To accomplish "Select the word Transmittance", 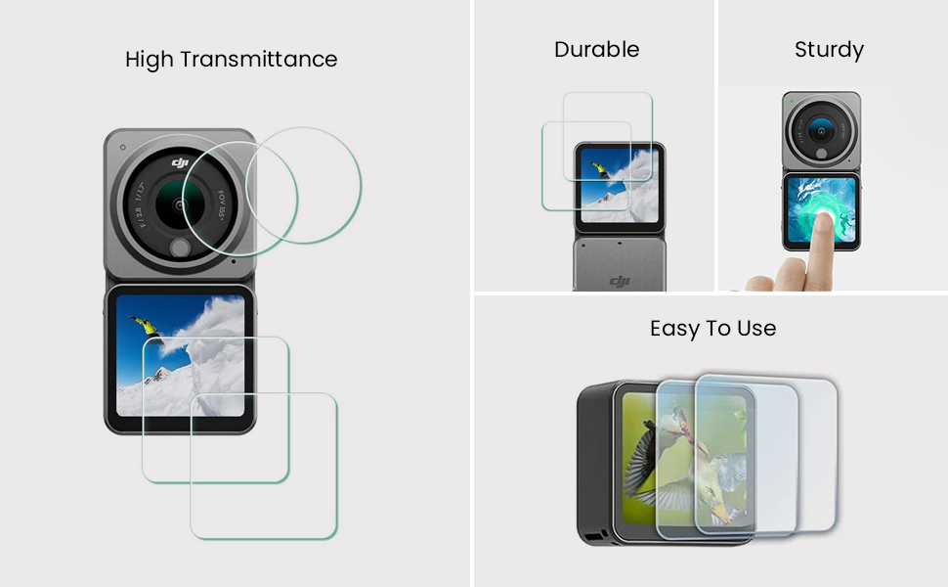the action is pyautogui.click(x=259, y=60).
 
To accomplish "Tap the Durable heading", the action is pyautogui.click(x=597, y=50).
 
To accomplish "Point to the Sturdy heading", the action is pyautogui.click(x=829, y=50).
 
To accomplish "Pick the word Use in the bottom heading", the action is pyautogui.click(x=756, y=329).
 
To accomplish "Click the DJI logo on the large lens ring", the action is pyautogui.click(x=180, y=161).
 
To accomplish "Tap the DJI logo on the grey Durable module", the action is pyautogui.click(x=620, y=281).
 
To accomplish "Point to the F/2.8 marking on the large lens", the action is pyautogui.click(x=139, y=215).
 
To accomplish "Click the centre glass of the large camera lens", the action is pyautogui.click(x=179, y=204).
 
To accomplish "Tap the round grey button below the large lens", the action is pyautogui.click(x=180, y=248).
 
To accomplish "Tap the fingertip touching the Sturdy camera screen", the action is pyautogui.click(x=822, y=223).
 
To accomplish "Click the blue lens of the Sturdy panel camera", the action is pyautogui.click(x=820, y=130).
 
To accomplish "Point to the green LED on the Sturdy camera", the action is pyautogui.click(x=792, y=101).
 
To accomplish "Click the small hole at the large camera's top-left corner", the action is pyautogui.click(x=123, y=147).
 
